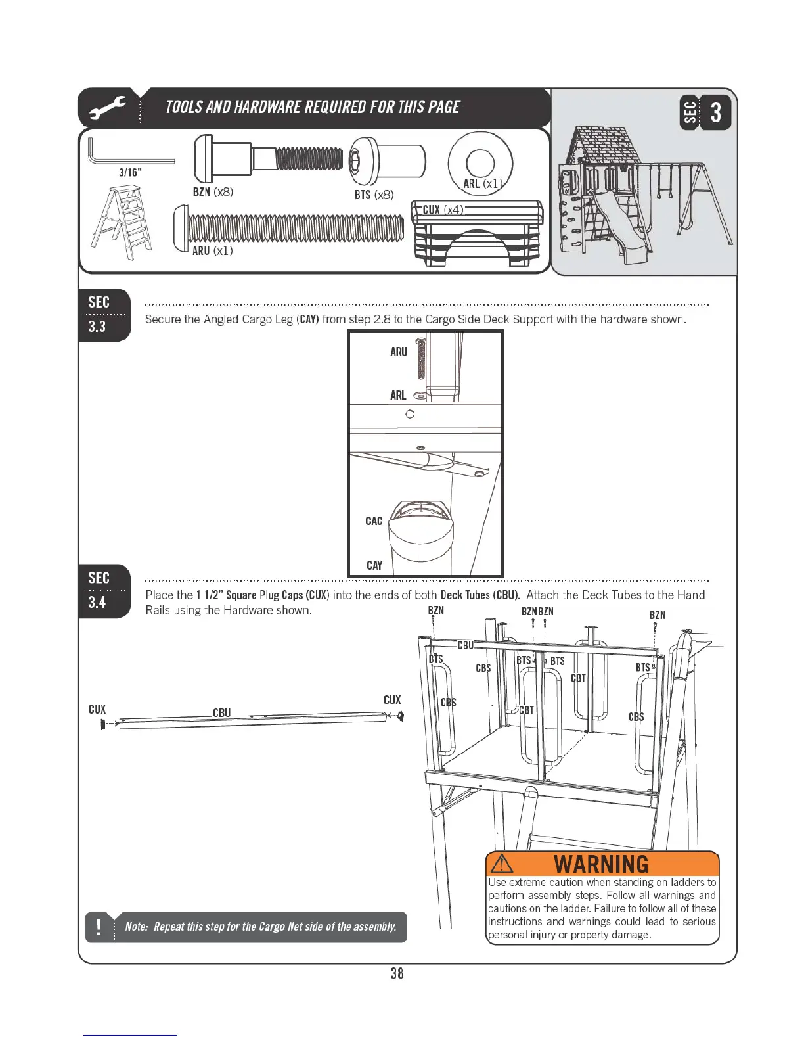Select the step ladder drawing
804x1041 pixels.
tap(122, 221)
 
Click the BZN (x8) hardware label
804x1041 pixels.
tap(213, 192)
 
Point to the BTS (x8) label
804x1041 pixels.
tap(374, 195)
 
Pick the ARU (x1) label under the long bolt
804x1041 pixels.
tap(212, 250)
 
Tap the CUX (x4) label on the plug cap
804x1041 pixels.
tap(443, 210)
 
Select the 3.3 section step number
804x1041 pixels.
tap(97, 327)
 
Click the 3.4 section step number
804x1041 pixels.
tap(97, 602)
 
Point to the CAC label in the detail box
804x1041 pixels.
tap(374, 521)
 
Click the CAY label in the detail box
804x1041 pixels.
tap(374, 565)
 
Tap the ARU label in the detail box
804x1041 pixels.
tap(399, 352)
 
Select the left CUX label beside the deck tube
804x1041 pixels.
tap(97, 709)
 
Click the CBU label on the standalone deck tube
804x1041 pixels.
tap(222, 713)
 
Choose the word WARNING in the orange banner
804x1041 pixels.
tap(601, 864)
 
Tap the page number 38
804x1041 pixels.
tap(397, 973)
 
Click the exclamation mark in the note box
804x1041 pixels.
tap(99, 927)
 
